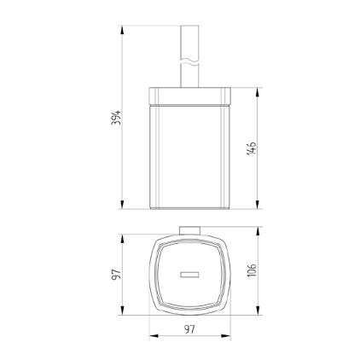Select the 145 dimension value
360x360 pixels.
(251, 148)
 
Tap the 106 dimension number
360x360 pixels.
(252, 270)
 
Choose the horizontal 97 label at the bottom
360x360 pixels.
(189, 328)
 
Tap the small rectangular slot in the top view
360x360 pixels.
(189, 274)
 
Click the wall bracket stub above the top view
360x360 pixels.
(189, 229)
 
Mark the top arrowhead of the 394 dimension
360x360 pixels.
(124, 30)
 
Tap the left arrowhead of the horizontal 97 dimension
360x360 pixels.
(154, 336)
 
